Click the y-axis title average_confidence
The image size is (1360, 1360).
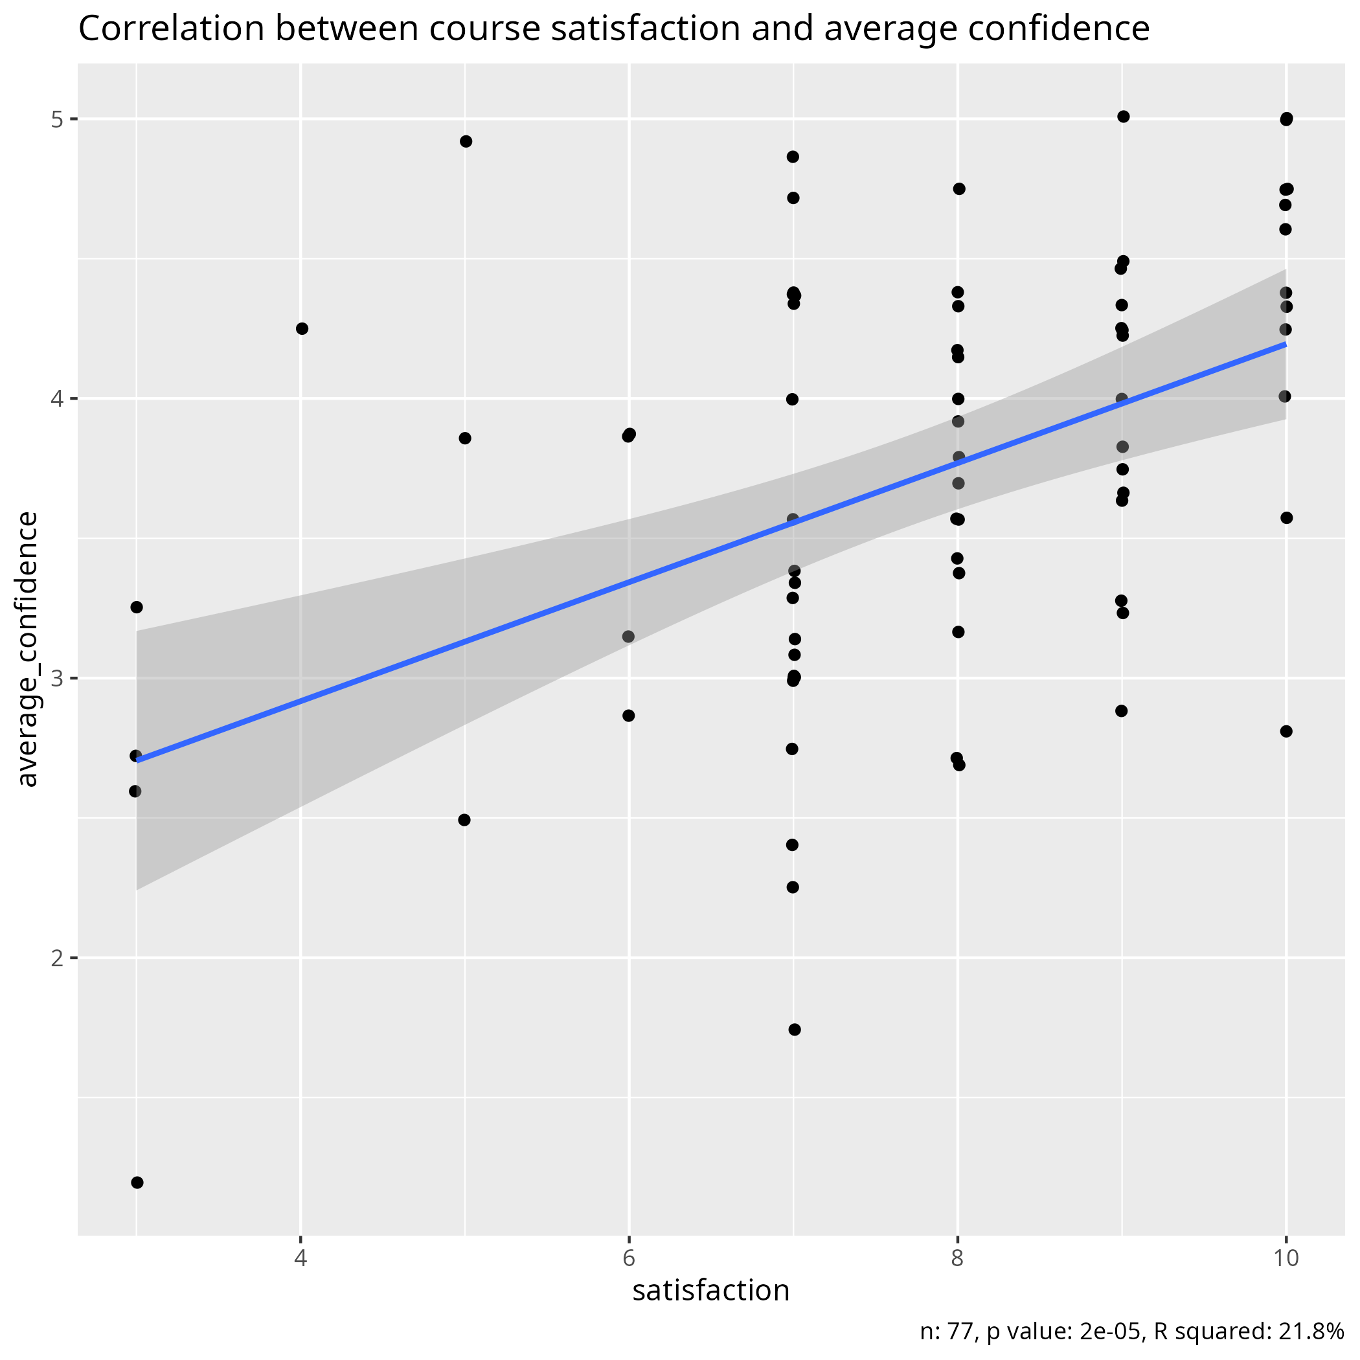pyautogui.click(x=28, y=649)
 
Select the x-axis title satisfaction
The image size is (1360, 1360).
pyautogui.click(x=711, y=1290)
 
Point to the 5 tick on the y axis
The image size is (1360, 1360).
pyautogui.click(x=57, y=120)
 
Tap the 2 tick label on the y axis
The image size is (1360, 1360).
pyautogui.click(x=57, y=958)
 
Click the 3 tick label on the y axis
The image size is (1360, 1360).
pyautogui.click(x=57, y=679)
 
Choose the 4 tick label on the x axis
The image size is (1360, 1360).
pyautogui.click(x=301, y=1258)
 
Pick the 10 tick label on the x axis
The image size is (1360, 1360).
pyautogui.click(x=1286, y=1258)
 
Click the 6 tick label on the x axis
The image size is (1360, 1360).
pyautogui.click(x=629, y=1258)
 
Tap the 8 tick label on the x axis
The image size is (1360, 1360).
pyautogui.click(x=957, y=1258)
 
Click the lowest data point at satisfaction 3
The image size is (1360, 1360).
pyautogui.click(x=137, y=1182)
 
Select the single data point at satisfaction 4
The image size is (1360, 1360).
pyautogui.click(x=302, y=329)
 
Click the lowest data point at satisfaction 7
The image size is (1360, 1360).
pyautogui.click(x=795, y=1030)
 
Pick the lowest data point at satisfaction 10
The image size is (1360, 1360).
pyautogui.click(x=1286, y=731)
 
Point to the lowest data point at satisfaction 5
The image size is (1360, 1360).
pyautogui.click(x=464, y=820)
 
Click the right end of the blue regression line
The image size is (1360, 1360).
pyautogui.click(x=1285, y=345)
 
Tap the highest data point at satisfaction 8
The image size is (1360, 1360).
pyautogui.click(x=958, y=188)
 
